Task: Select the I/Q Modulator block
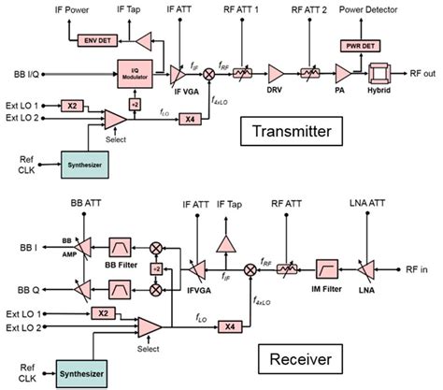(133, 71)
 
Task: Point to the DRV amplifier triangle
(276, 70)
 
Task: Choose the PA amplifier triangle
(345, 70)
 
